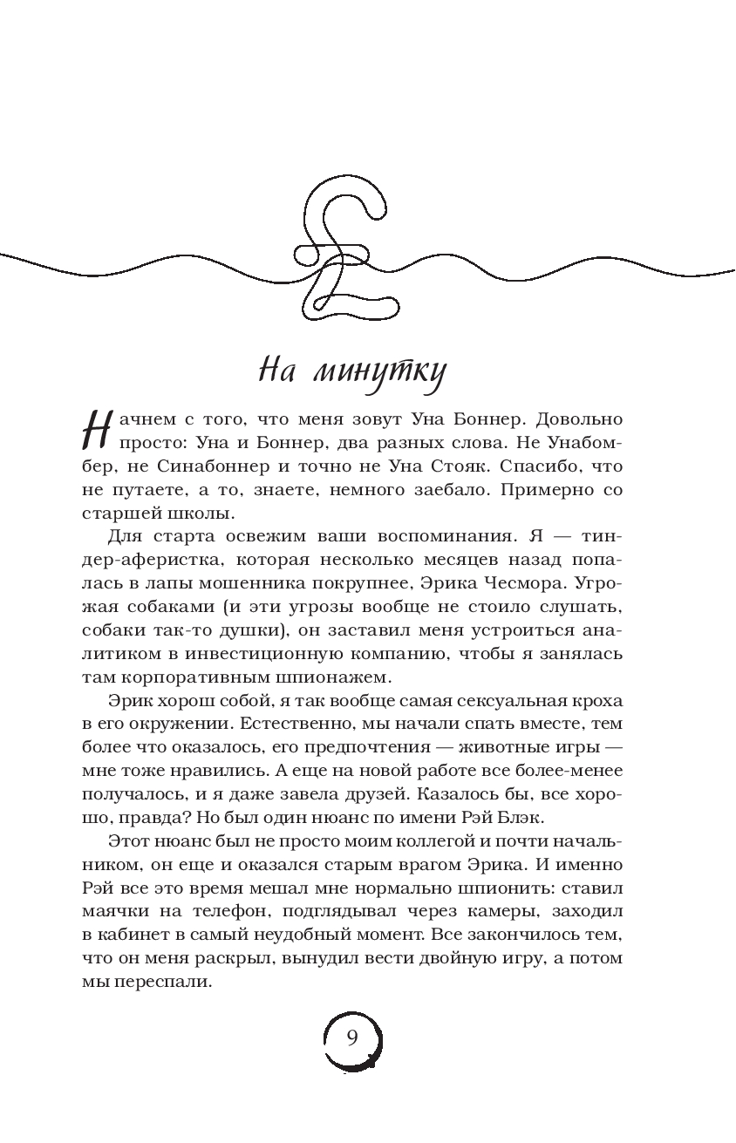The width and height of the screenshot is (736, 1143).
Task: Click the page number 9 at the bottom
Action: click(352, 1038)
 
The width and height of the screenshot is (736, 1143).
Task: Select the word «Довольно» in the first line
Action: click(581, 422)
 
